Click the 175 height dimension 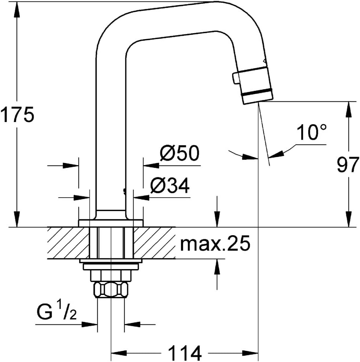pyautogui.click(x=17, y=115)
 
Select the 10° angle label pyautogui.click(x=311, y=132)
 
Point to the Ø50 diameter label pyautogui.click(x=179, y=153)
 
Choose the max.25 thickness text pyautogui.click(x=215, y=243)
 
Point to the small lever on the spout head pyautogui.click(x=236, y=79)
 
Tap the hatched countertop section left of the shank pyautogui.click(x=68, y=243)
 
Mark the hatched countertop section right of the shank pyautogui.click(x=154, y=243)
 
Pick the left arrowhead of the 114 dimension pyautogui.click(x=120, y=353)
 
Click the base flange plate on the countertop pyautogui.click(x=111, y=223)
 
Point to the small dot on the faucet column pyautogui.click(x=125, y=191)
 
